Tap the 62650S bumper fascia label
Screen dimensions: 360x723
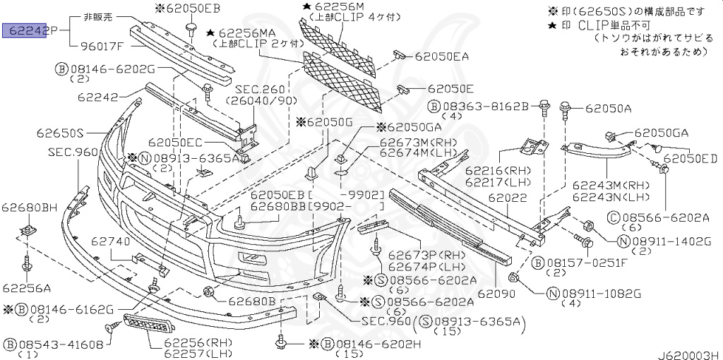pyautogui.click(x=61, y=132)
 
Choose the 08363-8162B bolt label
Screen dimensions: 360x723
pyautogui.click(x=480, y=105)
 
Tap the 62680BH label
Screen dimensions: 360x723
pyautogui.click(x=29, y=207)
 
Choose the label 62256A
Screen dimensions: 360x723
pyautogui.click(x=26, y=287)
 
